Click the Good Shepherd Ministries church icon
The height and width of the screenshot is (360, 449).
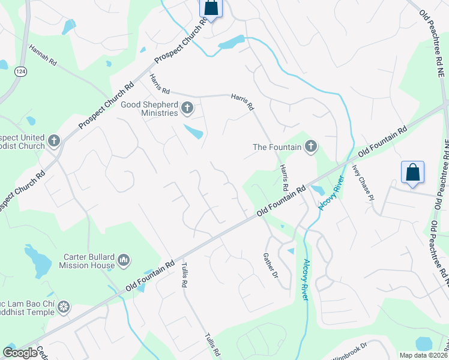187,109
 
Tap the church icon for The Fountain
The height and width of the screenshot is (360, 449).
310,146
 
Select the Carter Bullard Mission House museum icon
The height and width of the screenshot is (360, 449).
124,260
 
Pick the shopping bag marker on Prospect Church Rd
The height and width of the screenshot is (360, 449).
211,8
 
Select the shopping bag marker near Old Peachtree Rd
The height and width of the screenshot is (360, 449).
413,172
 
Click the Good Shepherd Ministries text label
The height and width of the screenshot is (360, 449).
149,109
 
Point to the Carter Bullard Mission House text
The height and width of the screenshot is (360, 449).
89,261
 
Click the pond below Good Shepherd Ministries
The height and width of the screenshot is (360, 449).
193,131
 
